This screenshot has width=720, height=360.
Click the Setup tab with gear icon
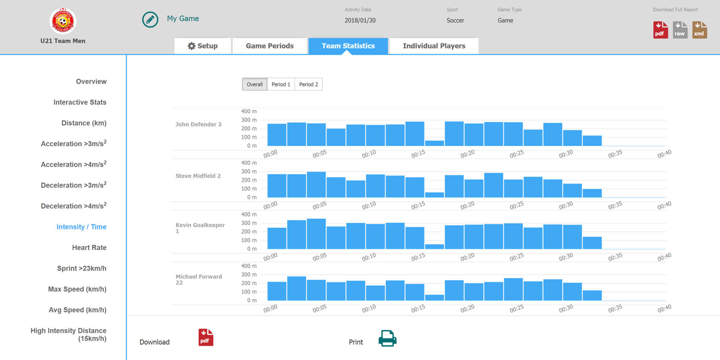(x=203, y=46)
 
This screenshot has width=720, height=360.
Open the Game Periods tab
(x=269, y=46)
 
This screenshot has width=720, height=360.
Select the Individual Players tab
(x=434, y=46)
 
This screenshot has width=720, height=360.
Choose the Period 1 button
(x=281, y=84)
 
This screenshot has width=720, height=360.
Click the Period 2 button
(x=308, y=84)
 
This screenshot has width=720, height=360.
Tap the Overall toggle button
(x=254, y=84)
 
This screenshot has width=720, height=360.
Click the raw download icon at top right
(x=680, y=30)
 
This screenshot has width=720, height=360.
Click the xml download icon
(x=699, y=30)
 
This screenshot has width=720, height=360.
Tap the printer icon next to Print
(x=387, y=338)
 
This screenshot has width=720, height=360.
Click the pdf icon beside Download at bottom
(x=206, y=337)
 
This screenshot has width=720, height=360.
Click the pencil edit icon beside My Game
(x=150, y=19)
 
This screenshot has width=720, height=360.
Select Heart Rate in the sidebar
(x=89, y=247)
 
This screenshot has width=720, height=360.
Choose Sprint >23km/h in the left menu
(x=82, y=268)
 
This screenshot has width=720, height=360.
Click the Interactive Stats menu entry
(x=80, y=102)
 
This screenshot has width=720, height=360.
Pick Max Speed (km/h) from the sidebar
(x=77, y=289)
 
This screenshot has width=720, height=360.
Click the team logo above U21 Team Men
(x=63, y=21)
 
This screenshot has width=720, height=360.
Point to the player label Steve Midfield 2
(x=198, y=176)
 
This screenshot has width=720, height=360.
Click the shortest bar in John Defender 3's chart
(x=434, y=143)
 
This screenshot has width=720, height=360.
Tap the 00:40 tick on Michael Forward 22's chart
(x=664, y=308)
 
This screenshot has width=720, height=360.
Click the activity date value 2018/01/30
(x=360, y=21)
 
